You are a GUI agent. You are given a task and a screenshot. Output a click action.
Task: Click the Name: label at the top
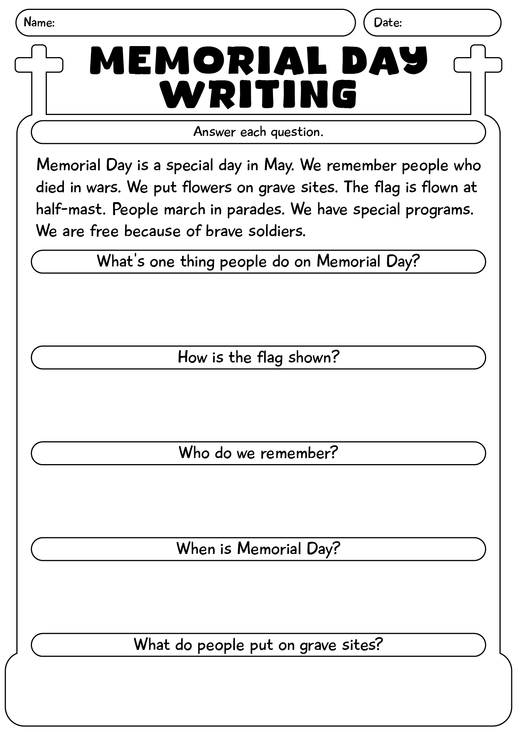[39, 23]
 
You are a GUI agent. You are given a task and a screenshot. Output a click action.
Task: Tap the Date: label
[388, 23]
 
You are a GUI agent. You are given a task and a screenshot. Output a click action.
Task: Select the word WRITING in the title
[258, 93]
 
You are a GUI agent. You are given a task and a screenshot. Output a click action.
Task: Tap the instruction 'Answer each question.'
[258, 132]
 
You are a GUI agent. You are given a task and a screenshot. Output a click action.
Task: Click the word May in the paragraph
[278, 166]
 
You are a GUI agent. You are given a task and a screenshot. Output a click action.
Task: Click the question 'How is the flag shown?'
[258, 358]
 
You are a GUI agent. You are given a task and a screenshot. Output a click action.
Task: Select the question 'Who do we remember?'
[258, 453]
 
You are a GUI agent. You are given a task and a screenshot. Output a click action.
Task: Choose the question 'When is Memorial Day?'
[258, 549]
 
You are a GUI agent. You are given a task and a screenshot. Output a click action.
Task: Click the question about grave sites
[258, 645]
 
